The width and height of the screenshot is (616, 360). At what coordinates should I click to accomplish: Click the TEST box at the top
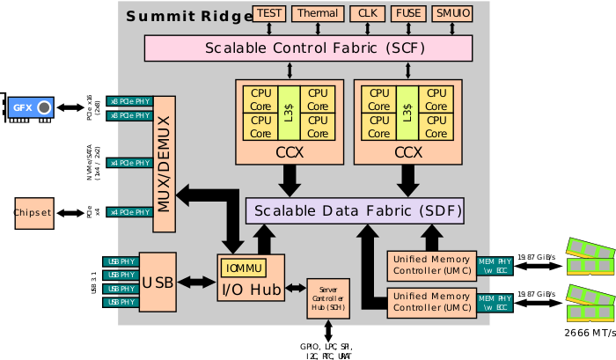coord(269,13)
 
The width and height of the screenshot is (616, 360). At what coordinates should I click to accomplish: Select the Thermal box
coord(317,13)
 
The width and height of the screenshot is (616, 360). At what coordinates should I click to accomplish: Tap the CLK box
coord(365,13)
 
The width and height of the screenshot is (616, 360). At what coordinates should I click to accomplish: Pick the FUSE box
coord(407,13)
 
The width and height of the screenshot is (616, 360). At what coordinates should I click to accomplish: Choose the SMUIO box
coord(452,13)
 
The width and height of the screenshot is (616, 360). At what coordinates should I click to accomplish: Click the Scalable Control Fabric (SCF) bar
coord(308,48)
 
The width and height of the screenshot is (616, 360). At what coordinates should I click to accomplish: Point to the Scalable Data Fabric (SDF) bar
coord(354,211)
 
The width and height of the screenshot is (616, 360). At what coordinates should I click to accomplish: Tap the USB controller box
coord(158,283)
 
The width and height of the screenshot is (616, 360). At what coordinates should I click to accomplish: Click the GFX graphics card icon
coord(31,108)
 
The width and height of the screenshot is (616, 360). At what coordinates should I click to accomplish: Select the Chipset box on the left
coord(33,212)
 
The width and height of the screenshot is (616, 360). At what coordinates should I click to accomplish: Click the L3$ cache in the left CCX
coord(289,114)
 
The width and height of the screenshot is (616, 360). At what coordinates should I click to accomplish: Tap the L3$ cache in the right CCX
coord(407,114)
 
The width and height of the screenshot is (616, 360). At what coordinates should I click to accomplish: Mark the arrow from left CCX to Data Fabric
coord(289,180)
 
